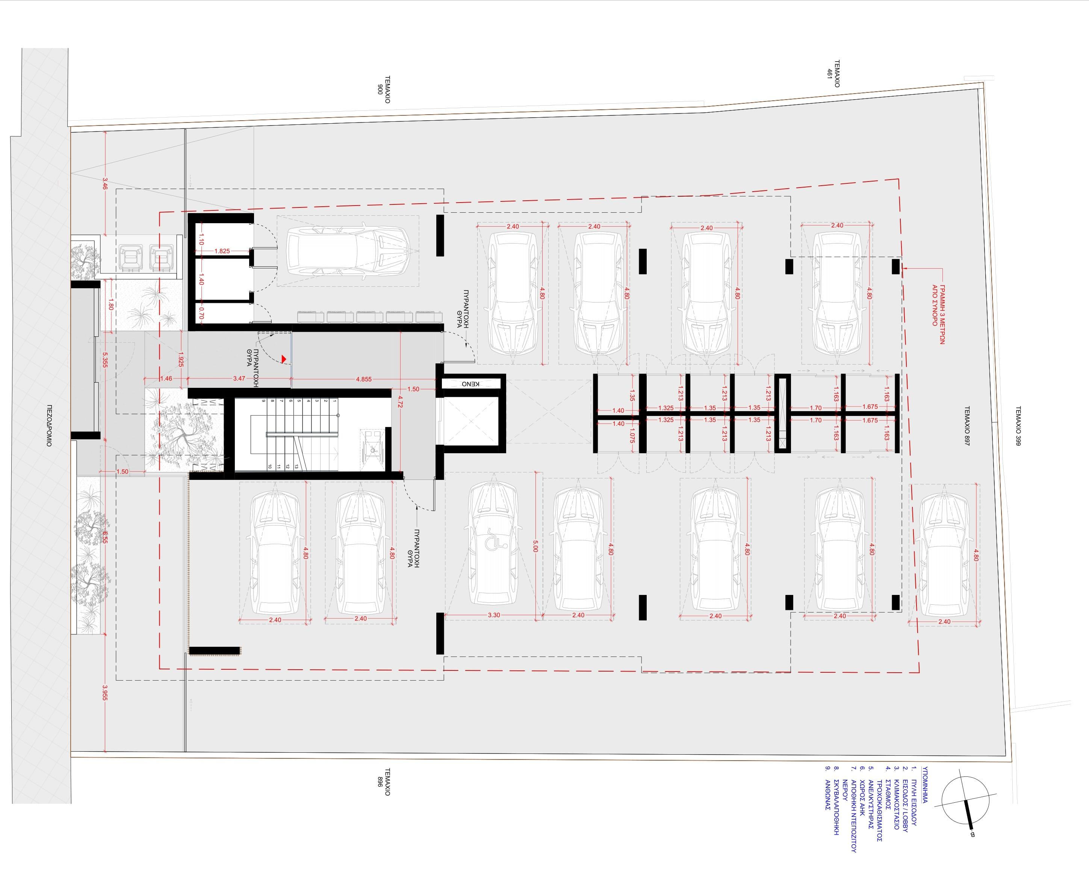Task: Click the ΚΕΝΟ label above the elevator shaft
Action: tap(470, 384)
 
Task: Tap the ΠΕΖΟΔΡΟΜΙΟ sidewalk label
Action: tap(49, 425)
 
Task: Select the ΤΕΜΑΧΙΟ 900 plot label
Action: tap(383, 89)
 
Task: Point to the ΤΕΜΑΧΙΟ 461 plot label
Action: tap(833, 74)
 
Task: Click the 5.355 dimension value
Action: tap(105, 360)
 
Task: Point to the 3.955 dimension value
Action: tap(105, 693)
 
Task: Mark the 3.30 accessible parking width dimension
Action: tap(494, 615)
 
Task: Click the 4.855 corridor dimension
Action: tap(363, 379)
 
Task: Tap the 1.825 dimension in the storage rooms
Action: tap(222, 251)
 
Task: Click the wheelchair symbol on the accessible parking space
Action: tap(494, 543)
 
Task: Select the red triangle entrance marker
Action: tap(284, 359)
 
